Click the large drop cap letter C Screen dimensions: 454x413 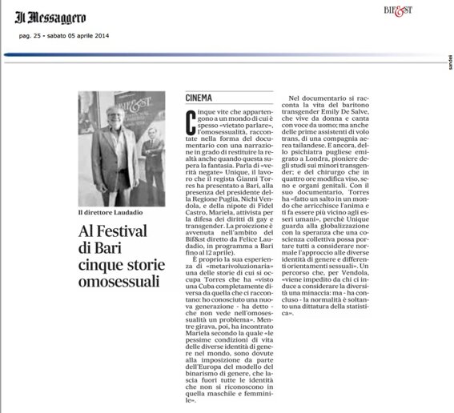(x=190, y=122)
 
